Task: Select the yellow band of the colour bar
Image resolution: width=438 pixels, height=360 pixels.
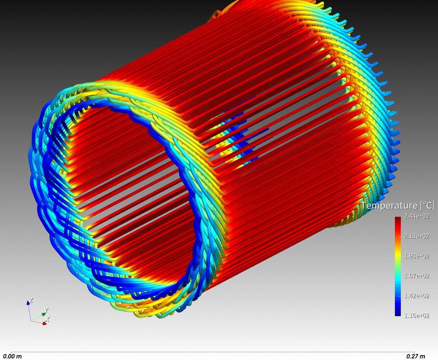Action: [x=398, y=257]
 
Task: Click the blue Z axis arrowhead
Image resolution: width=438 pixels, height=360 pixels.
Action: [x=28, y=303]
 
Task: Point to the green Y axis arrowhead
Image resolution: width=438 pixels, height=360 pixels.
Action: [x=44, y=314]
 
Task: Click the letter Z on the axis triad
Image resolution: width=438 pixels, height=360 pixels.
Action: [x=31, y=300]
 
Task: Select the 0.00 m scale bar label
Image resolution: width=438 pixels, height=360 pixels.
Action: [x=12, y=356]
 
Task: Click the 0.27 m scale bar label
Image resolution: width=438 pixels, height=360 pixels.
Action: [x=416, y=356]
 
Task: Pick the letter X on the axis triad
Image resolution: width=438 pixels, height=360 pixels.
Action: [x=48, y=319]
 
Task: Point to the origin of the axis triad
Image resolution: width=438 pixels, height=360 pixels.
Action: [x=31, y=320]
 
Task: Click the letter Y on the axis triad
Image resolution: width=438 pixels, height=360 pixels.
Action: [x=47, y=310]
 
